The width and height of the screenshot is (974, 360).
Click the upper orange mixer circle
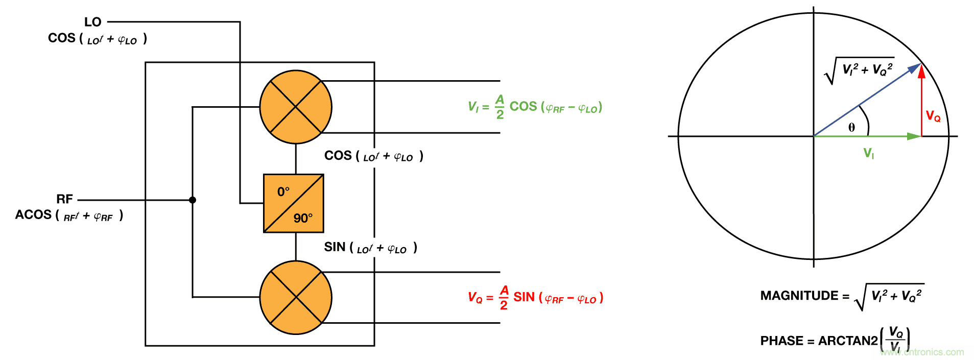coord(296,107)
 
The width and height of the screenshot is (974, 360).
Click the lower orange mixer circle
coord(296,297)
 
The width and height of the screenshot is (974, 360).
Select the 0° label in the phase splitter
coord(283,192)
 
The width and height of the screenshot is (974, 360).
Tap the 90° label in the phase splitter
coord(303,219)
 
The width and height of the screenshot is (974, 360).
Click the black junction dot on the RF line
coord(193,200)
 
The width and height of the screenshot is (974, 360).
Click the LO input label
coord(93,22)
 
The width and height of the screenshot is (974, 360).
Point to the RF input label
coord(65,199)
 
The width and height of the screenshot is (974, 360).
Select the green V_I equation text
coord(535,107)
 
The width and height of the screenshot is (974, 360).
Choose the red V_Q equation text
coord(535,297)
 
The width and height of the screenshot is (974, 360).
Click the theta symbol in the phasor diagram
coord(851,128)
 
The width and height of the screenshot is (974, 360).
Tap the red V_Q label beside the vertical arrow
coord(933,116)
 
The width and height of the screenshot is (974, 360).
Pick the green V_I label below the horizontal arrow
coord(868,153)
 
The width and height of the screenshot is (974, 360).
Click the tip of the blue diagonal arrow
coord(919,65)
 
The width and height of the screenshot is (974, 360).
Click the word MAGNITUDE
coord(799,296)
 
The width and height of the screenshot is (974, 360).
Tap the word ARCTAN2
coord(848,341)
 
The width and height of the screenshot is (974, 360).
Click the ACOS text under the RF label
coord(33,214)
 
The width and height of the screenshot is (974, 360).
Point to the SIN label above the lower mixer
coord(335,247)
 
